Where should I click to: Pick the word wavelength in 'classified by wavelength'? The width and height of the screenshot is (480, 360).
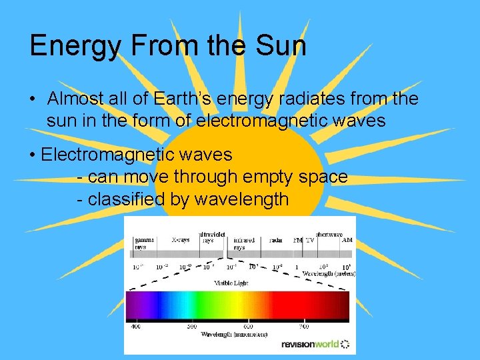[x=242, y=199]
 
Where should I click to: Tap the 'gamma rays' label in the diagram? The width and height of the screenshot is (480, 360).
[x=144, y=243]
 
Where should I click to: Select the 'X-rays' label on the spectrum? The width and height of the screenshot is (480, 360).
[x=180, y=239]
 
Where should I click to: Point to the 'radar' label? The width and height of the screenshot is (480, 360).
[x=275, y=239]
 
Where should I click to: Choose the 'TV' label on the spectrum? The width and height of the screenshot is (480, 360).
[x=310, y=239]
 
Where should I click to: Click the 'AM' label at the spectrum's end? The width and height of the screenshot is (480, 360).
[x=347, y=239]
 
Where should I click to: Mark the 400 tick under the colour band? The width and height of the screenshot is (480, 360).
[x=136, y=327]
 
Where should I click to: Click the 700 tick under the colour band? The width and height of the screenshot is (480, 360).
[x=304, y=327]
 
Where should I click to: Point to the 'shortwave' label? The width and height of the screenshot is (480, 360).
[x=330, y=234]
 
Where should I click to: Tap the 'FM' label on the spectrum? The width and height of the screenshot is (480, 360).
[x=298, y=239]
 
